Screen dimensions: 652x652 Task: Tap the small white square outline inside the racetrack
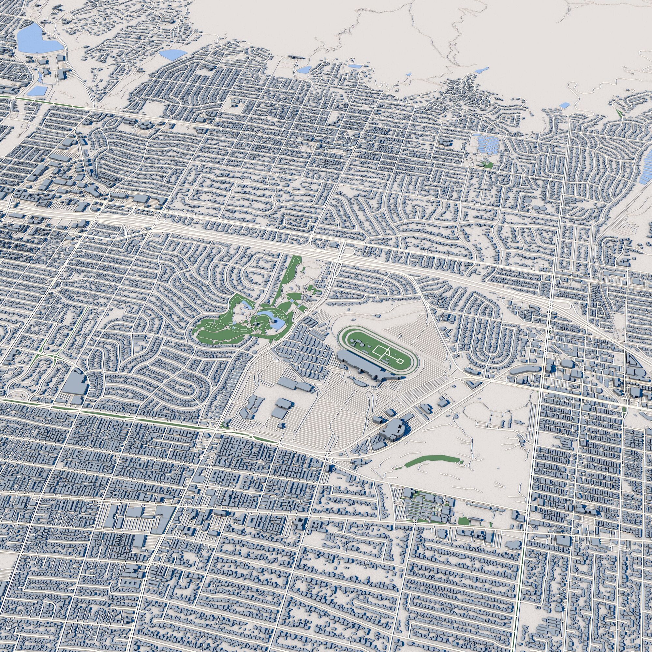click(400, 362)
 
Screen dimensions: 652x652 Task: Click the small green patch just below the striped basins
click(487, 165)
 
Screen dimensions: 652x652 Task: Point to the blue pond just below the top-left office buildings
click(38, 90)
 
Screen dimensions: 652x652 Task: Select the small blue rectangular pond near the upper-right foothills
click(563, 106)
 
